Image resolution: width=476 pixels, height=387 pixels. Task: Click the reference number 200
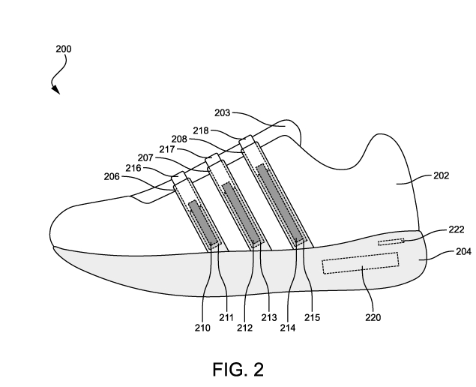pyautogui.click(x=64, y=49)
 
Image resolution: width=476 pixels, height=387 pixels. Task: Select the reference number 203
pyautogui.click(x=223, y=113)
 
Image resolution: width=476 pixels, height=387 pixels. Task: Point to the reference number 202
pyautogui.click(x=441, y=175)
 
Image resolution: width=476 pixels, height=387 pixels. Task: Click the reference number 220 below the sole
pyautogui.click(x=373, y=317)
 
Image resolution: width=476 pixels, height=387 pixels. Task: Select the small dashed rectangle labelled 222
pyautogui.click(x=390, y=241)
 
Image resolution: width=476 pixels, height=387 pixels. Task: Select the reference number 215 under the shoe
pyautogui.click(x=312, y=317)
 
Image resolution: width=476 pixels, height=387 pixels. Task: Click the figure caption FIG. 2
pyautogui.click(x=238, y=368)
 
